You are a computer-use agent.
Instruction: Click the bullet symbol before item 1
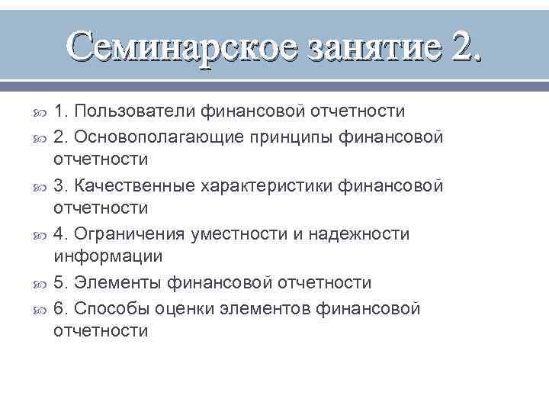tap(40, 113)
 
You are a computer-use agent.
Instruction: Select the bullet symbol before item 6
tap(40, 309)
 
